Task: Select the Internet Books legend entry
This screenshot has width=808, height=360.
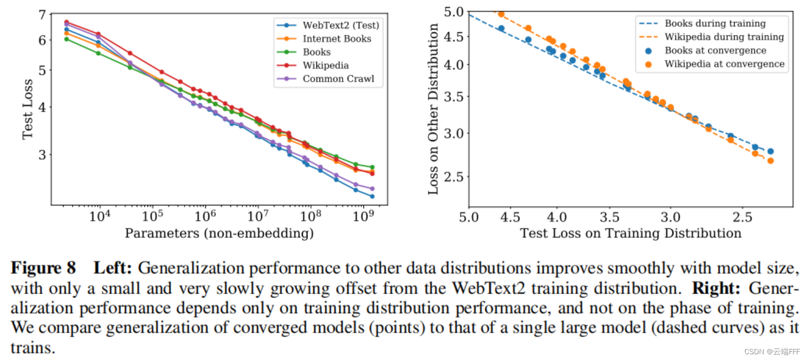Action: click(x=337, y=39)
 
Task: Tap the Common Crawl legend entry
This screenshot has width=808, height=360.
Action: click(x=338, y=79)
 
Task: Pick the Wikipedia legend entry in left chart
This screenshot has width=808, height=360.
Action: click(x=326, y=66)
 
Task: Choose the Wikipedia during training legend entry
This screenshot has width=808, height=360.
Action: click(x=724, y=37)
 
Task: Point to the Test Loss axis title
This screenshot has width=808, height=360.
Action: click(x=28, y=109)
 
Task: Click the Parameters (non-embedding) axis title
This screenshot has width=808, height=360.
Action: click(x=219, y=233)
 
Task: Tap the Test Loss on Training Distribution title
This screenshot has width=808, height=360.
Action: click(x=631, y=232)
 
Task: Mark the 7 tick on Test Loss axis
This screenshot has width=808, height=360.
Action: click(x=42, y=15)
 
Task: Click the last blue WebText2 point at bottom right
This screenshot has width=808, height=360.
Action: click(x=372, y=196)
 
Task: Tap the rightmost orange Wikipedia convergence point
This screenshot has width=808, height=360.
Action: click(x=770, y=160)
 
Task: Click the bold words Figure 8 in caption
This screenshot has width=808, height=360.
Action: click(x=43, y=268)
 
